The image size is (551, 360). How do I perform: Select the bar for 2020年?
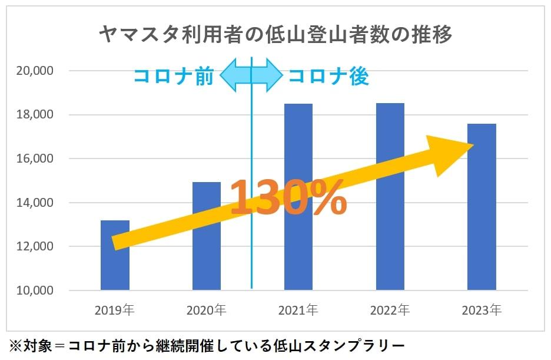click(207, 253)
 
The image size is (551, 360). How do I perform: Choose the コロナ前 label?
click(174, 77)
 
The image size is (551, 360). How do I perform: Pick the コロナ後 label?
click(328, 77)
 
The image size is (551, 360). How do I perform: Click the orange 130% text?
click(288, 197)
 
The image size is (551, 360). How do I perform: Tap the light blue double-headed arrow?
click(251, 75)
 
